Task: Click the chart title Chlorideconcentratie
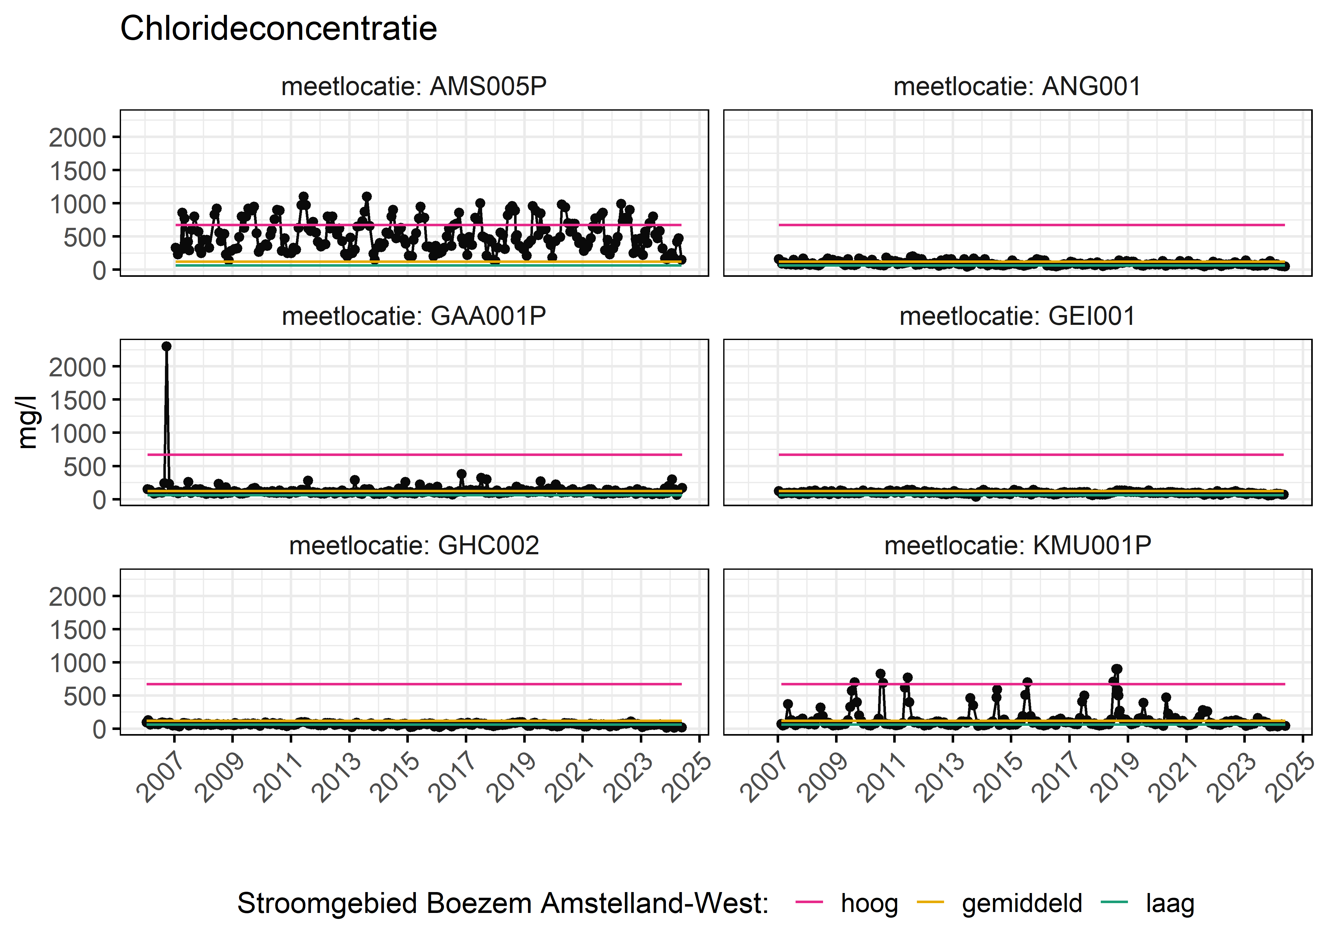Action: pyautogui.click(x=278, y=29)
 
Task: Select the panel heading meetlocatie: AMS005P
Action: pyautogui.click(x=414, y=86)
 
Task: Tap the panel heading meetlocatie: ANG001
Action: pyautogui.click(x=1017, y=86)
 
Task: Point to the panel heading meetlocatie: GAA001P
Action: pyautogui.click(x=414, y=316)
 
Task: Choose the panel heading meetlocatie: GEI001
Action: pyautogui.click(x=1017, y=316)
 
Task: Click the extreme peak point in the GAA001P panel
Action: pyautogui.click(x=166, y=346)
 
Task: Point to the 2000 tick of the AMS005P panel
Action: pyautogui.click(x=78, y=138)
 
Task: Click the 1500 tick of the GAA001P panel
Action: pyautogui.click(x=78, y=400)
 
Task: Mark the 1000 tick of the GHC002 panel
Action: pyautogui.click(x=78, y=663)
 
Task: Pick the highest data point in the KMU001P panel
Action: pyautogui.click(x=1116, y=670)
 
